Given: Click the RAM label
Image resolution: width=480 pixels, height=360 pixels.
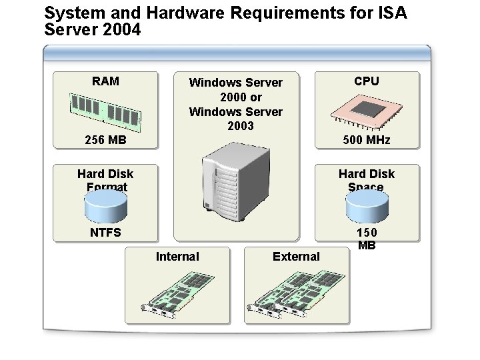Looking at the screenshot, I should pos(106,81).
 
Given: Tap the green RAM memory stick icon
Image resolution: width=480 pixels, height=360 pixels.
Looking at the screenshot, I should pos(106,110).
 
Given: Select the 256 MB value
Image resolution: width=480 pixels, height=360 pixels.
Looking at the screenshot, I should pos(106,141).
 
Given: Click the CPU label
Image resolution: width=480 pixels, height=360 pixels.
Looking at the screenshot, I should pos(367,81).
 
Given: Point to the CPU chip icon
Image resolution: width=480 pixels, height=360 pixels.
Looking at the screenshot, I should pos(367,110).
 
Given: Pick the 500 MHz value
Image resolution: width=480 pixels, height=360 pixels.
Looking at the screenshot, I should pos(367,141).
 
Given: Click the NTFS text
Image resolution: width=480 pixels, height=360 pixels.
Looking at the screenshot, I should pos(106,233).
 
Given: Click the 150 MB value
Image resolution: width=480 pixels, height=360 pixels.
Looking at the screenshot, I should pos(367,239).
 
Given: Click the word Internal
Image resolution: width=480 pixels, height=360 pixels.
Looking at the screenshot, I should pos(177,257).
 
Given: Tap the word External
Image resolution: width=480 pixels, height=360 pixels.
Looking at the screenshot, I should pos(296,257).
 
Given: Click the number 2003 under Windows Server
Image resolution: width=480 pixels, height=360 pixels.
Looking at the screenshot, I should pos(240,126).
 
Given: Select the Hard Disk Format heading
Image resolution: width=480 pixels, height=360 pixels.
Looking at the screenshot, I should pos(106,180).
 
